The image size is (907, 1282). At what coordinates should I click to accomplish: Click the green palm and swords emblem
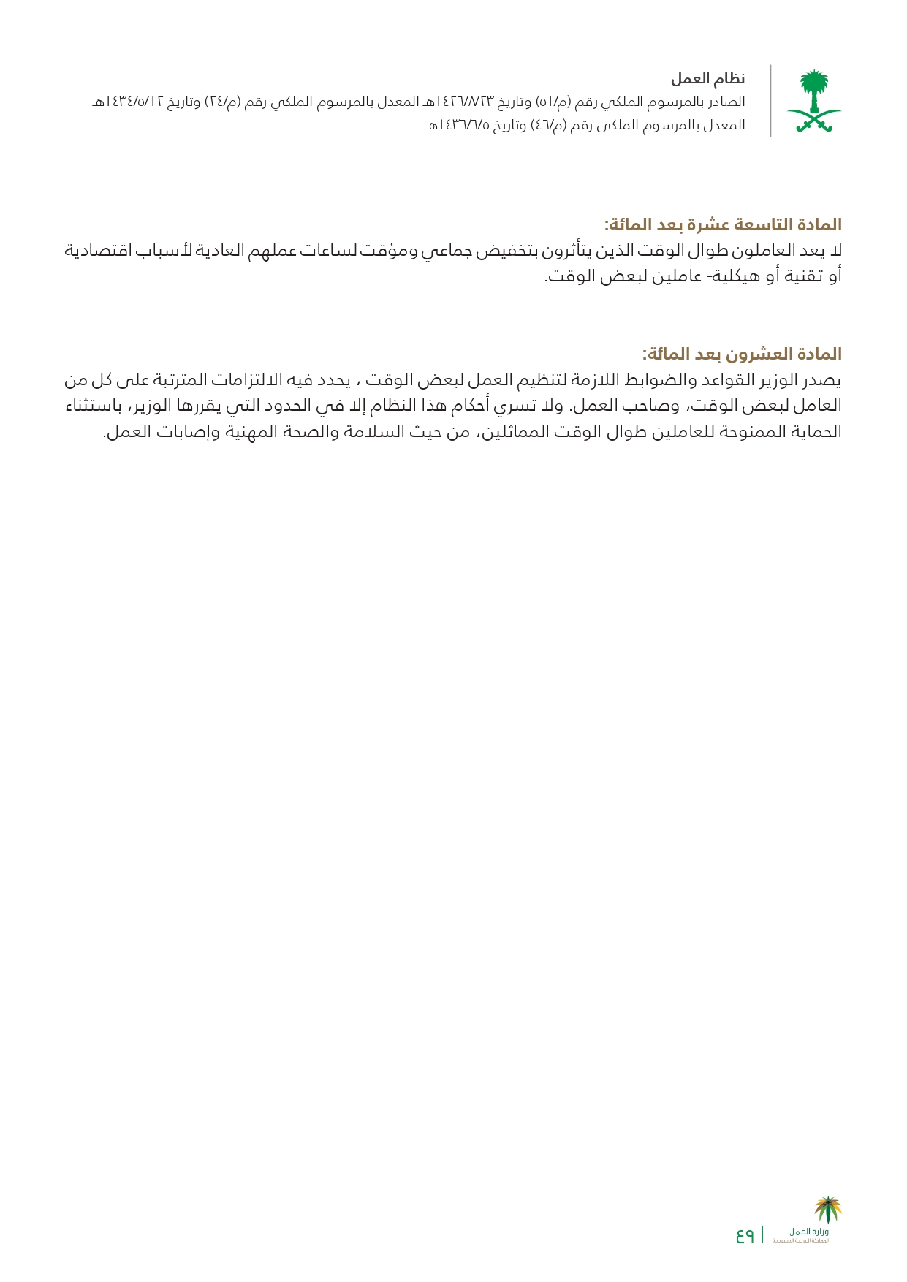click(x=813, y=101)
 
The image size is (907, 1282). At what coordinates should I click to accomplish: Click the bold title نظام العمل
click(x=708, y=78)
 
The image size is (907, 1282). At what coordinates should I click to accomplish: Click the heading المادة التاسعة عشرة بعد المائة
click(x=723, y=224)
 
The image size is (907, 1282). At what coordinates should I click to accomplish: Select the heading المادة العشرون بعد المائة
click(x=742, y=354)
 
